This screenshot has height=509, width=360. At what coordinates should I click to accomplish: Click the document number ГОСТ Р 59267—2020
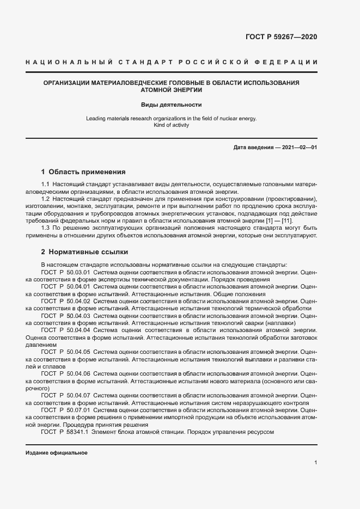pyautogui.click(x=282, y=38)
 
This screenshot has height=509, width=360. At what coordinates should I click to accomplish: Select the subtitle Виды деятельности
pyautogui.click(x=172, y=104)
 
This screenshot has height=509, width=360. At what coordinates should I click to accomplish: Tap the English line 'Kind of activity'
pyautogui.click(x=172, y=125)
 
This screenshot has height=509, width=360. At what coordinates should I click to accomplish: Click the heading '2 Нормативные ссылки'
pyautogui.click(x=84, y=252)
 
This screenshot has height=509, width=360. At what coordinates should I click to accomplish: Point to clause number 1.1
pyautogui.click(x=45, y=185)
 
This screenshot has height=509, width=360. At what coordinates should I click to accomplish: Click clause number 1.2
pyautogui.click(x=45, y=199)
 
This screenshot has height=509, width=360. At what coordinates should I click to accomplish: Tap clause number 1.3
pyautogui.click(x=45, y=228)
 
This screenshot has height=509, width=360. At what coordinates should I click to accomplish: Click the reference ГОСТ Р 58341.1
pyautogui.click(x=64, y=432)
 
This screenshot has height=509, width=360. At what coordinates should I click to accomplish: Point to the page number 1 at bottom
pyautogui.click(x=316, y=463)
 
